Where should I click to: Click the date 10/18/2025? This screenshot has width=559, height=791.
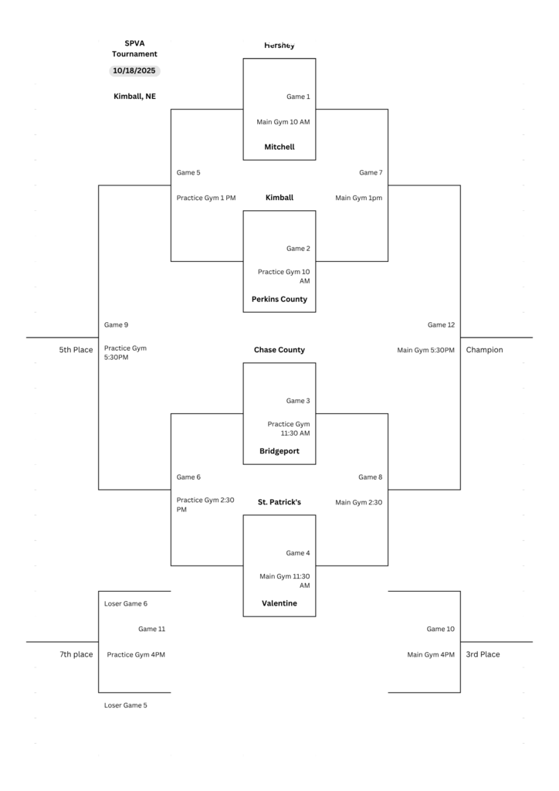[134, 70]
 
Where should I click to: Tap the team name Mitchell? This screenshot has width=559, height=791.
[279, 147]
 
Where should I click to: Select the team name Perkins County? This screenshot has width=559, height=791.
[279, 299]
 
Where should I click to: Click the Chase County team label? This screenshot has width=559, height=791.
[279, 350]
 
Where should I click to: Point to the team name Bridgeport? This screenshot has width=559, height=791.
[279, 451]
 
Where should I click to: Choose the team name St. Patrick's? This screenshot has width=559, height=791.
[279, 502]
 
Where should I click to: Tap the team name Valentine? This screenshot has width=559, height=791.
[279, 603]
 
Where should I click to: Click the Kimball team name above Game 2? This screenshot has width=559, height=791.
[279, 198]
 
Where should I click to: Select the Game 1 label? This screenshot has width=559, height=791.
[298, 97]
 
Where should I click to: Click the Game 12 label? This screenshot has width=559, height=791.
[441, 325]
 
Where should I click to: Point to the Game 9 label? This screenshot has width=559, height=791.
[117, 325]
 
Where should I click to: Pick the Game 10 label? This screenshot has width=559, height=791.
[441, 629]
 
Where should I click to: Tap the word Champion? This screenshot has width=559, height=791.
[484, 350]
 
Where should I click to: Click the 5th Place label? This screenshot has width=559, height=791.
[76, 350]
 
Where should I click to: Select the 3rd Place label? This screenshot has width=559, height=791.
[483, 654]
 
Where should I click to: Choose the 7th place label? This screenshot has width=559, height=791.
[76, 654]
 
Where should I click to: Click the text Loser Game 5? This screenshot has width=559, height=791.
[126, 705]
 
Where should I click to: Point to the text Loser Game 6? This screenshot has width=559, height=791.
[126, 603]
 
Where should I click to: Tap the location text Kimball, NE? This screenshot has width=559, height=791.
[134, 97]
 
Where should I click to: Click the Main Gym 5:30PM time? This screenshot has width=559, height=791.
[426, 350]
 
